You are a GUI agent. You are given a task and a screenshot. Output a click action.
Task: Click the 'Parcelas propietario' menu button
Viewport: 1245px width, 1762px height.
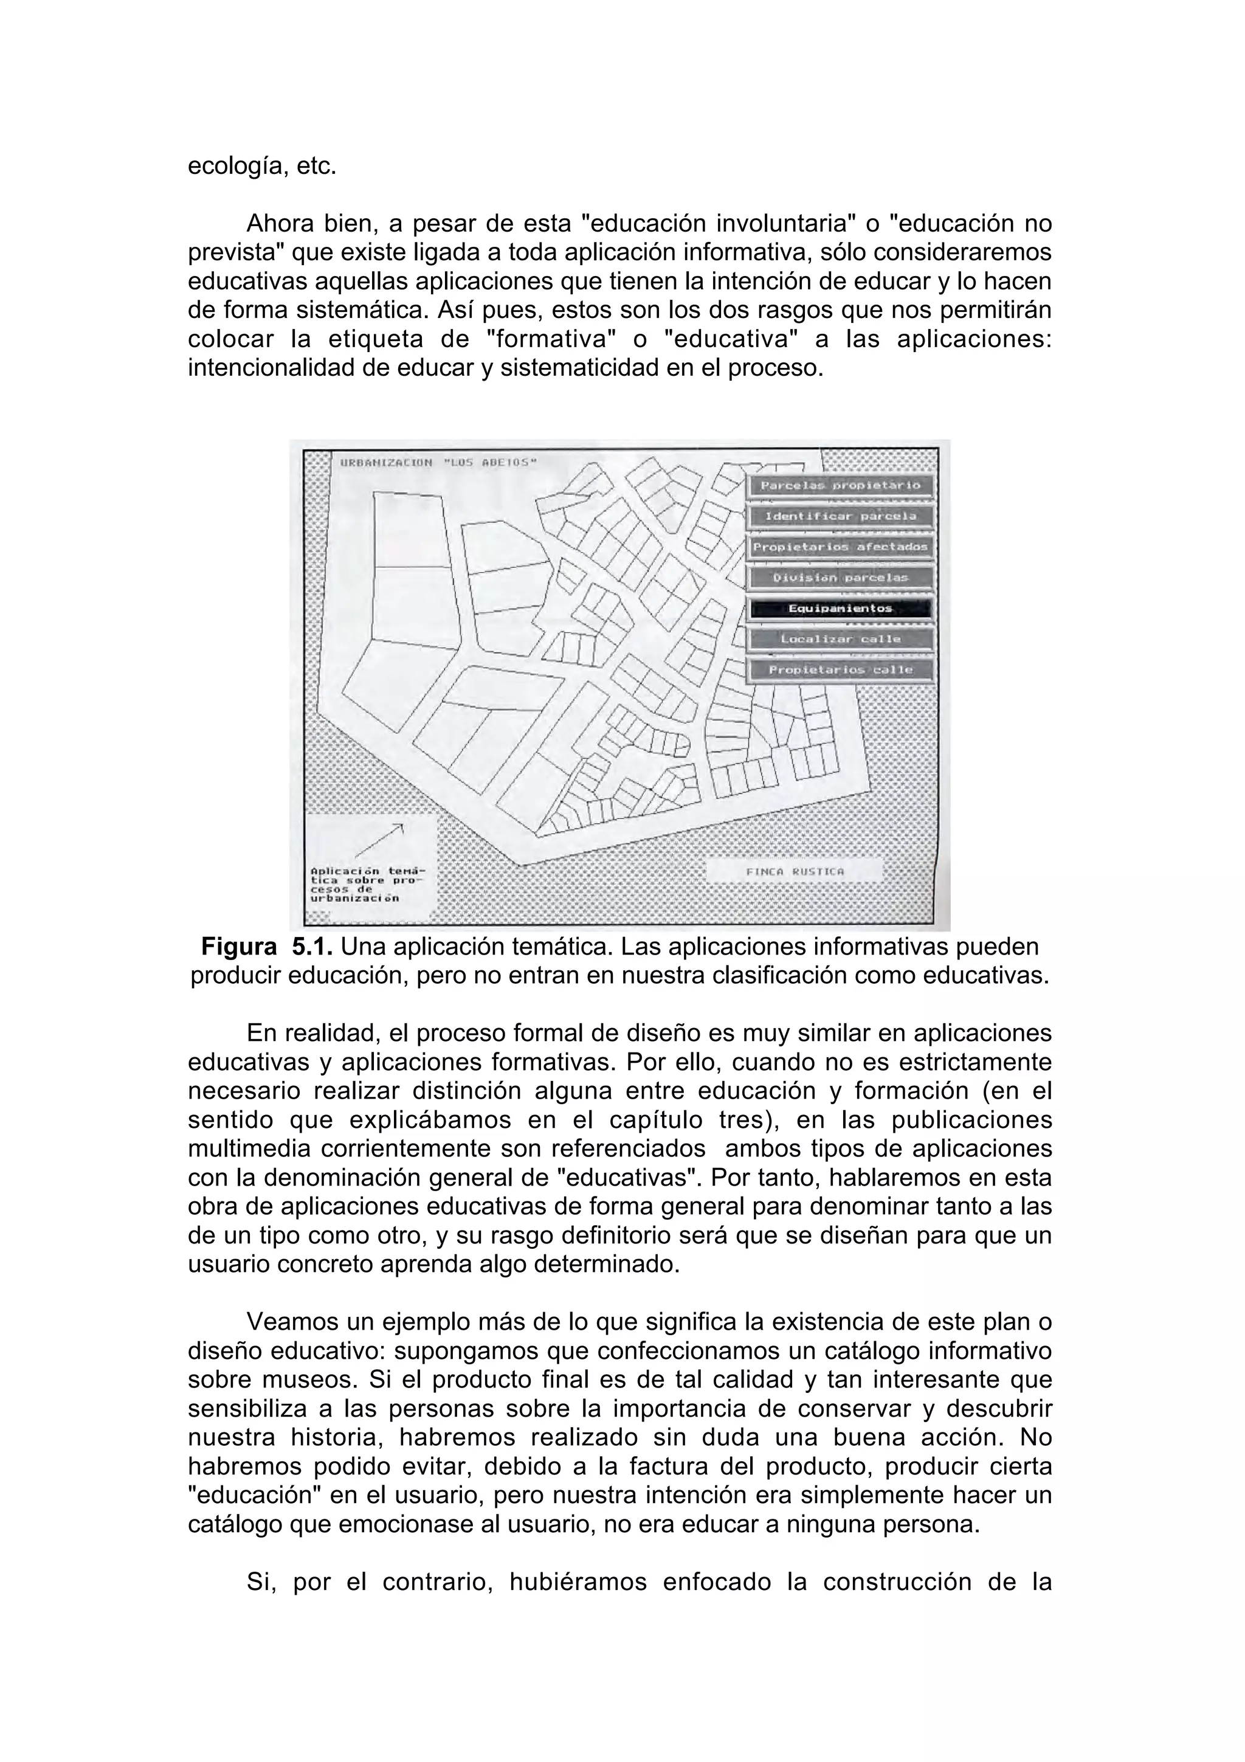pos(840,485)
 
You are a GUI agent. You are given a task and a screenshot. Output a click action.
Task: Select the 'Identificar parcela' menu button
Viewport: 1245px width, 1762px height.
pos(840,516)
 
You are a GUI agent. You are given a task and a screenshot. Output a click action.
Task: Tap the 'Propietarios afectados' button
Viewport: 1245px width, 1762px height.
pos(840,547)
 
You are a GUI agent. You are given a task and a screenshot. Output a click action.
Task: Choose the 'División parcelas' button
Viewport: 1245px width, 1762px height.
pos(840,577)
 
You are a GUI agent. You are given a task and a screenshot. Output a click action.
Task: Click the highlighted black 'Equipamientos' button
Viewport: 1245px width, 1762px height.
pos(840,608)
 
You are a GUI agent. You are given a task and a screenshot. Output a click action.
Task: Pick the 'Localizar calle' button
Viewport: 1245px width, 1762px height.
pos(840,638)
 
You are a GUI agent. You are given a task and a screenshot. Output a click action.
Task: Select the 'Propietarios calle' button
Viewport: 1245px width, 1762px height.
pos(840,669)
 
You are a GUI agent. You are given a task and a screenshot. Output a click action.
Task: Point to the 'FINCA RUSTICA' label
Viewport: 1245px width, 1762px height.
pos(794,871)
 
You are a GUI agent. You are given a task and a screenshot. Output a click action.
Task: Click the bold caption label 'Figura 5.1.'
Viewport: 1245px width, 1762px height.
pos(266,947)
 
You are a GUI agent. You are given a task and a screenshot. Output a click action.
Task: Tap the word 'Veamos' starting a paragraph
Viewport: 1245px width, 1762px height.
pos(292,1322)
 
